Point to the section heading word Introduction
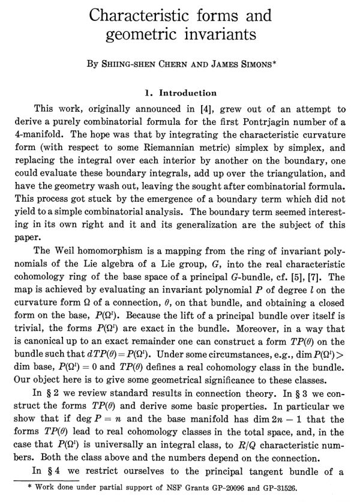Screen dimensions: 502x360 tap(185, 93)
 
